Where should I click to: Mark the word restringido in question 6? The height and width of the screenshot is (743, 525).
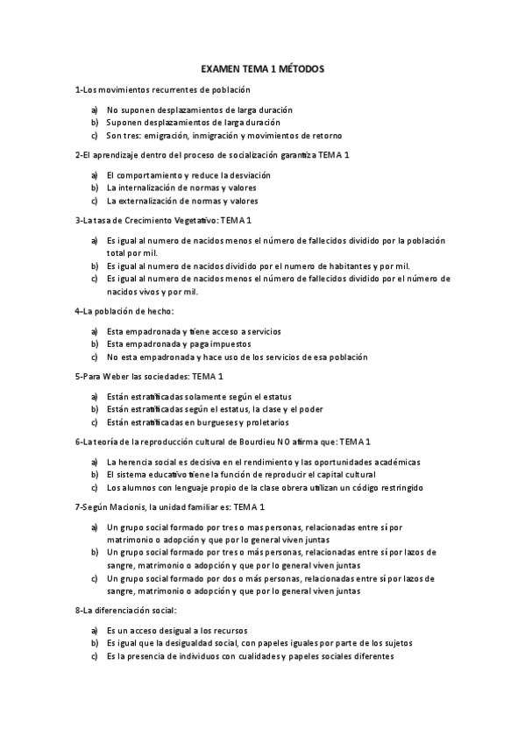point(397,486)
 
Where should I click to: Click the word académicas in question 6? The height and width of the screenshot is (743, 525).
point(394,461)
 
